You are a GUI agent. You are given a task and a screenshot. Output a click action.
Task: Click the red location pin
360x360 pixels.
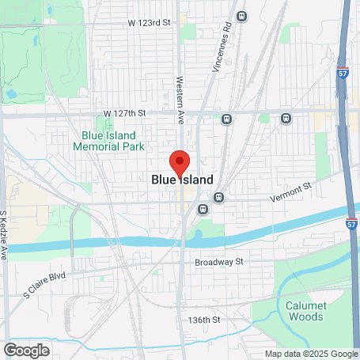point(180,162)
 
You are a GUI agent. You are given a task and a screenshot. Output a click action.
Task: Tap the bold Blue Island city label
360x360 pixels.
point(182,180)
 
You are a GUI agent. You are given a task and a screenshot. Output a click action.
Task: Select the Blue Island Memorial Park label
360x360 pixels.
point(108,141)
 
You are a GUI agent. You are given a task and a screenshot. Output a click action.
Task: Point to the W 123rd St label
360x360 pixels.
point(149,23)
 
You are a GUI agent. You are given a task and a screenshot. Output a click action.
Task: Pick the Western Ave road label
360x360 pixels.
point(180,92)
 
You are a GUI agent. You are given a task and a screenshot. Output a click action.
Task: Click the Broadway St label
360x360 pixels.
point(219,261)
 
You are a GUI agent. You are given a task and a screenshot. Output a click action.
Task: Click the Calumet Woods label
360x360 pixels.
point(301,311)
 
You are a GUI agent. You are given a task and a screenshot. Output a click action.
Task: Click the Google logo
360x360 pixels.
point(25,351)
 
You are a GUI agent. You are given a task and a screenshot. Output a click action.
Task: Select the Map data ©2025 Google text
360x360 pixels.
point(311,354)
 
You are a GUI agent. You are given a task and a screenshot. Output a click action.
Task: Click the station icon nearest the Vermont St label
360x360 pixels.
point(219,197)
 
